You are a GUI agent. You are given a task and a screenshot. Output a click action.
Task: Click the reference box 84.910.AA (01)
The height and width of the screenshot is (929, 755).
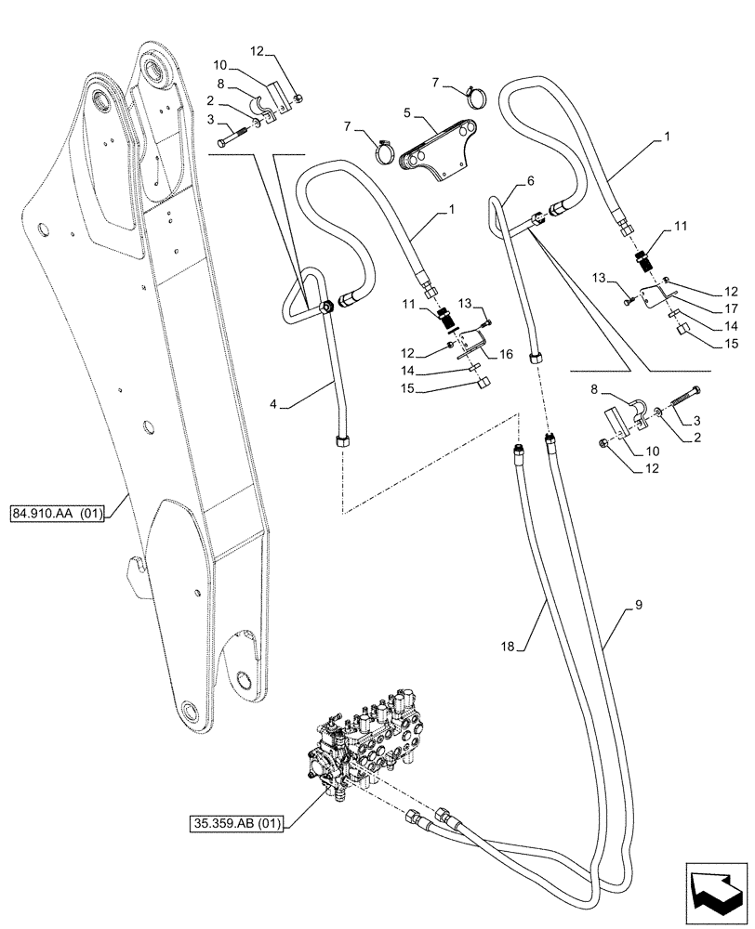pyautogui.click(x=58, y=512)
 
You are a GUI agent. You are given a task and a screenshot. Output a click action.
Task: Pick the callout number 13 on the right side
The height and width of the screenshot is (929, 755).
pyautogui.click(x=598, y=280)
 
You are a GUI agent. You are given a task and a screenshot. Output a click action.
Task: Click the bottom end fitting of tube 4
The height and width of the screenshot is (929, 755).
pyautogui.click(x=339, y=439)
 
